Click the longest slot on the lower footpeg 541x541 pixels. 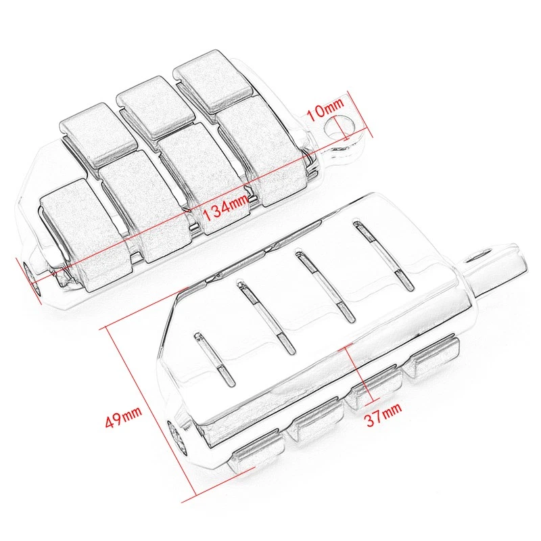point(383,257)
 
